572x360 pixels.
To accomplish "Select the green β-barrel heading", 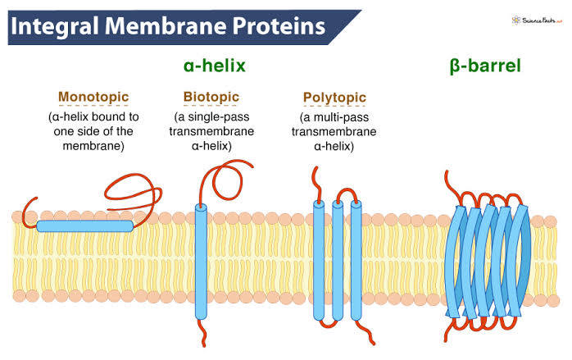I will tap(485, 65).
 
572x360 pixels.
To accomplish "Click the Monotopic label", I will tap(94, 96).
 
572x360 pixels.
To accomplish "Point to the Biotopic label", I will tap(212, 96).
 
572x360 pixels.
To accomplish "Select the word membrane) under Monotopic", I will tap(94, 146).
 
